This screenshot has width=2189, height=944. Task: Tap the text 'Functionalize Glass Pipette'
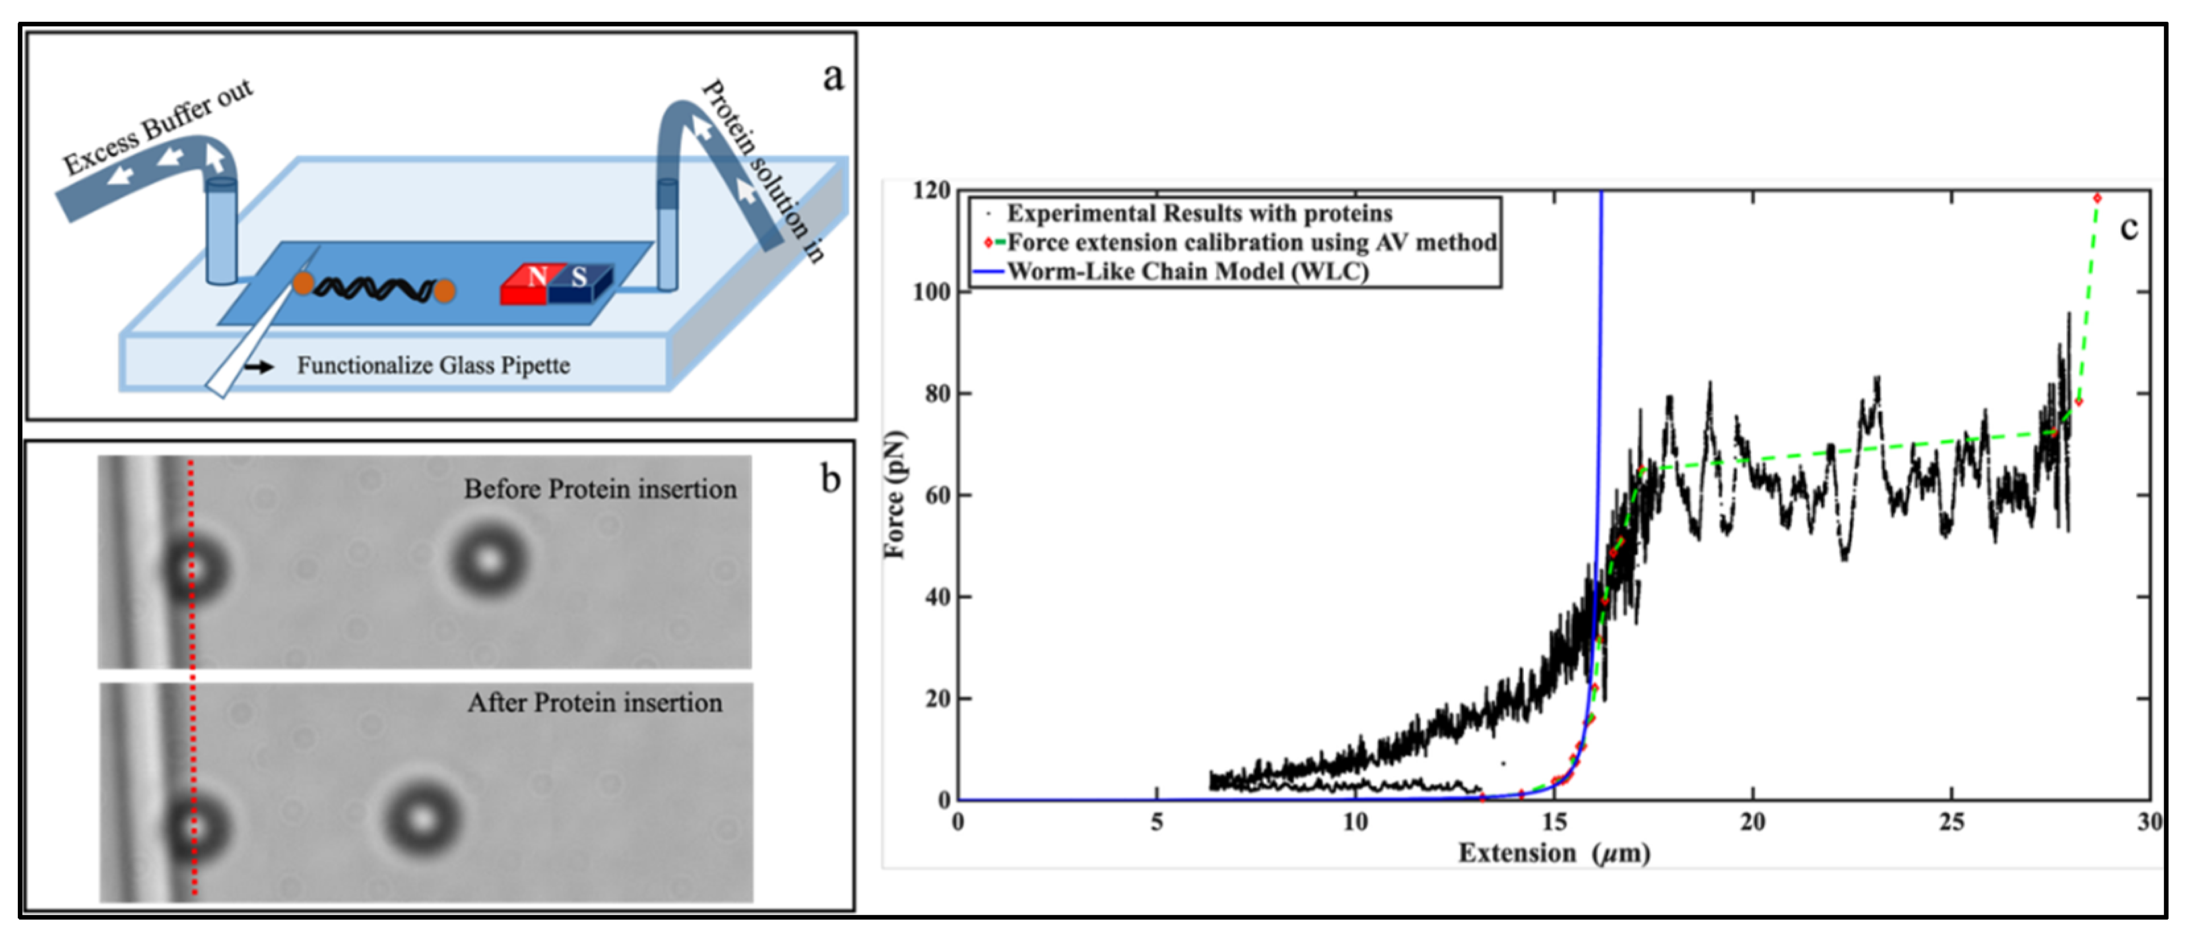coord(434,365)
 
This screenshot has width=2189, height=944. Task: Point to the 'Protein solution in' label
coord(763,171)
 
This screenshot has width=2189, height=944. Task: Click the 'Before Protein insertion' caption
coord(600,489)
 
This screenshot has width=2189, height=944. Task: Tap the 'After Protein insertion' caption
coord(595,703)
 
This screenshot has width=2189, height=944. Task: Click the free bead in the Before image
coord(490,561)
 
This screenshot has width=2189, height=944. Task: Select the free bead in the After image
coord(422,820)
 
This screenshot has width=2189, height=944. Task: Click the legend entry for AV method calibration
coord(1241,242)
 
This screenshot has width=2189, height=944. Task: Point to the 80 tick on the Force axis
coord(936,393)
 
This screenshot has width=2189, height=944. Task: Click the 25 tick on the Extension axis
coord(1952,822)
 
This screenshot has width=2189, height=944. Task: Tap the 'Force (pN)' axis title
coord(895,495)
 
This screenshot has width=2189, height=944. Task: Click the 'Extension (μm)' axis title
coord(1554,852)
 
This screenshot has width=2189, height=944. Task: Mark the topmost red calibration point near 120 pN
coord(2097,198)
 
